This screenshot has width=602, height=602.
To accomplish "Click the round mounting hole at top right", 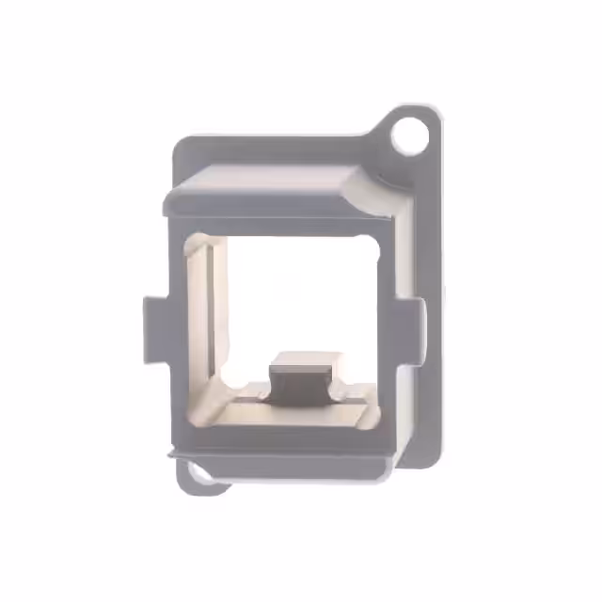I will click(409, 135).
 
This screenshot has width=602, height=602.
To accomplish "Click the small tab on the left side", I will click(154, 328).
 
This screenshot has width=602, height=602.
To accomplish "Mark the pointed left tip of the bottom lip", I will click(169, 454).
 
